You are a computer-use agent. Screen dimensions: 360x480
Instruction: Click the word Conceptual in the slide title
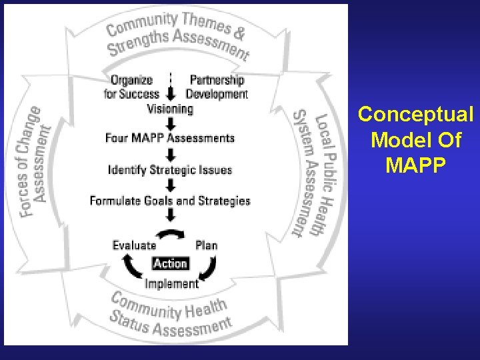click(x=416, y=115)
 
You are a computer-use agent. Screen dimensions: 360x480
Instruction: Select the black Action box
click(x=171, y=263)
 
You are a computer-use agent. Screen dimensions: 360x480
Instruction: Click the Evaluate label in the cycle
click(x=134, y=245)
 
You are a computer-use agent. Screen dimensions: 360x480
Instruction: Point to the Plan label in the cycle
click(x=207, y=245)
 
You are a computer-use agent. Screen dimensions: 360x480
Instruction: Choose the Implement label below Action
click(x=172, y=283)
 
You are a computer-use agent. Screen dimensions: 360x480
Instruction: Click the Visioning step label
click(x=170, y=108)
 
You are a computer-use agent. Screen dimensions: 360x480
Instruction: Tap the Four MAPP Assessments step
click(x=170, y=138)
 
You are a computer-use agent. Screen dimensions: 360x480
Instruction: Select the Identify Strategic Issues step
click(x=170, y=169)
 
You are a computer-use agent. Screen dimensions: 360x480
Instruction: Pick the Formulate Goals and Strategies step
click(x=170, y=200)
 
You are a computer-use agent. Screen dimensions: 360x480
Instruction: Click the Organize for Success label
click(x=132, y=87)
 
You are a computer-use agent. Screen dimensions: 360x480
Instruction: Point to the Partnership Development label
click(x=217, y=87)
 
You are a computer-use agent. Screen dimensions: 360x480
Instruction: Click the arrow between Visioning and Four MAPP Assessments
click(x=171, y=123)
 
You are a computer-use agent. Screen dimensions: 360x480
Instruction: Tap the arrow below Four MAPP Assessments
click(x=171, y=154)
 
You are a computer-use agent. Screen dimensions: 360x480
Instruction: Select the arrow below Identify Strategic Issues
click(x=171, y=185)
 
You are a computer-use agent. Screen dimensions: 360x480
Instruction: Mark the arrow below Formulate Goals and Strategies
click(x=171, y=215)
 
